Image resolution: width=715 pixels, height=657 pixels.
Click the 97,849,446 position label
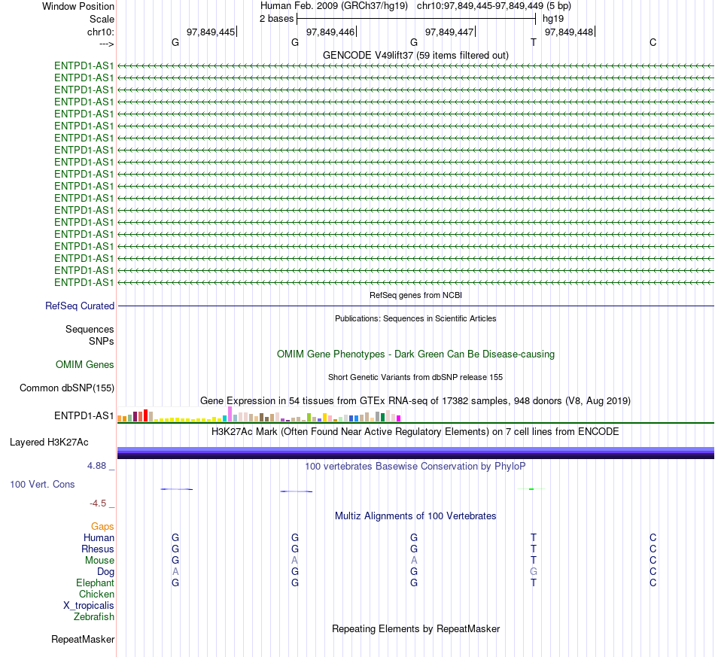(x=330, y=32)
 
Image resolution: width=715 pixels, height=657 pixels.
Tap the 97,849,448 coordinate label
(x=569, y=32)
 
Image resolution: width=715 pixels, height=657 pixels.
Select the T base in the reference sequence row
(x=534, y=42)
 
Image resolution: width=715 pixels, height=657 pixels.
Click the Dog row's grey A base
(x=175, y=572)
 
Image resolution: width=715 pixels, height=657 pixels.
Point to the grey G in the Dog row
(x=534, y=572)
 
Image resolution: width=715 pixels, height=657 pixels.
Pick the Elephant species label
(x=95, y=583)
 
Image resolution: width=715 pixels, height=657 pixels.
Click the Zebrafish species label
(x=94, y=617)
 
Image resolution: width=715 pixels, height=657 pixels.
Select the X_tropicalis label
(x=89, y=606)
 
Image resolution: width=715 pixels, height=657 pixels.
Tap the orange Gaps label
(x=102, y=527)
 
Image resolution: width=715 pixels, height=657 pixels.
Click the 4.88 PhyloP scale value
(x=96, y=466)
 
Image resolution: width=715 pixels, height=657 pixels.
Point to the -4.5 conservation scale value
(x=98, y=503)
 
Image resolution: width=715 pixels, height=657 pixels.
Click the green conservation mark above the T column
(x=531, y=489)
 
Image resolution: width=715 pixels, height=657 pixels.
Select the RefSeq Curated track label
(x=80, y=306)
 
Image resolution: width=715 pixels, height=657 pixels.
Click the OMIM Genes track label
(x=85, y=365)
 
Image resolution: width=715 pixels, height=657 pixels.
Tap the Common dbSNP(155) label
(x=67, y=388)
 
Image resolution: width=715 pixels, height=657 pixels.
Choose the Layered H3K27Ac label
(x=49, y=443)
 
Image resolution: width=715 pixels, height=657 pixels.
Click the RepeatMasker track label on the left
(x=83, y=639)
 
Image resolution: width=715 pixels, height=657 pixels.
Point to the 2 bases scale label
(x=277, y=19)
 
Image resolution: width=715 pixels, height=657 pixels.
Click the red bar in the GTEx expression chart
(x=145, y=415)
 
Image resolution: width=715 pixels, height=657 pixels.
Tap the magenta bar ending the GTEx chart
(x=399, y=418)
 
